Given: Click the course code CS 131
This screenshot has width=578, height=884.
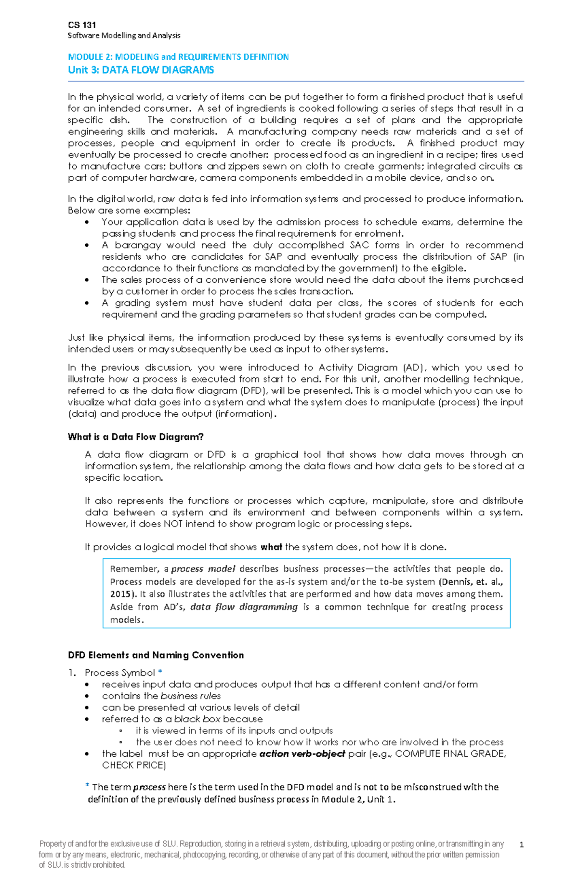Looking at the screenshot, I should tap(82, 25).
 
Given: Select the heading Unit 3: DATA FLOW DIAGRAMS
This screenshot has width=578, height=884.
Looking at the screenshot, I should tap(141, 70).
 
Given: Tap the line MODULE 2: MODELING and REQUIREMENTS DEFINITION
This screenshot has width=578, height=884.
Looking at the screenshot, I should tap(178, 57).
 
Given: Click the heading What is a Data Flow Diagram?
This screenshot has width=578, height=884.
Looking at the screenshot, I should tap(135, 437).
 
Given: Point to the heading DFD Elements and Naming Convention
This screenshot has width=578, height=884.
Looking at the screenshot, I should tap(156, 655).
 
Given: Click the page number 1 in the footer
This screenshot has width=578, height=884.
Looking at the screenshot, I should tap(522, 844).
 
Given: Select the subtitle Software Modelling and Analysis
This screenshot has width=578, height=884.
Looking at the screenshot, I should tap(124, 35).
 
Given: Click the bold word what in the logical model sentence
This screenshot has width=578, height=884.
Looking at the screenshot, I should tap(271, 547).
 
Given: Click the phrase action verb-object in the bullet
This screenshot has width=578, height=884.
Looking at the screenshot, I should tap(302, 754).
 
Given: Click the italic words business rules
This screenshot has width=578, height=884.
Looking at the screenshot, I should tap(191, 696).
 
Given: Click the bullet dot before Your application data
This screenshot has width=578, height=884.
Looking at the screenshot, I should tap(87, 223).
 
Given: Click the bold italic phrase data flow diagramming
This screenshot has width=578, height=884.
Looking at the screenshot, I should tap(244, 607).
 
